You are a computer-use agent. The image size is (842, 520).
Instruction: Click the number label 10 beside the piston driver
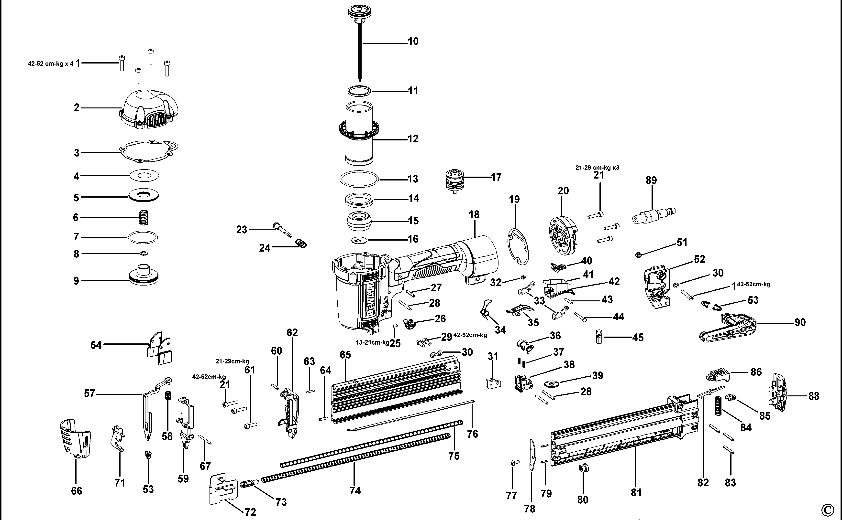[413, 42]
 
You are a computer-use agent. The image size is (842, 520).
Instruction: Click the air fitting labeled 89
[653, 216]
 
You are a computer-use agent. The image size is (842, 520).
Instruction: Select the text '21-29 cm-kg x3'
[597, 168]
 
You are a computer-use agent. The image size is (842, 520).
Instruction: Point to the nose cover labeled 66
[75, 438]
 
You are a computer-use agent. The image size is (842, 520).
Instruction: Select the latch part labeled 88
[779, 392]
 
